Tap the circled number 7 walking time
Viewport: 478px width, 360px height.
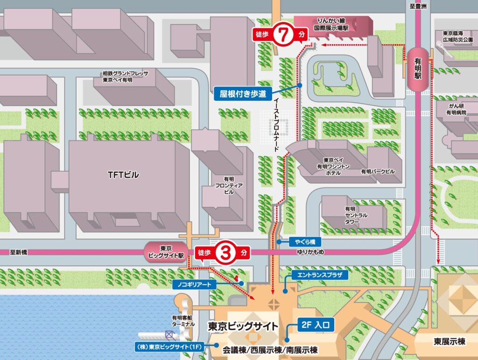click(282, 34)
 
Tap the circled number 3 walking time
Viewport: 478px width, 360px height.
click(225, 253)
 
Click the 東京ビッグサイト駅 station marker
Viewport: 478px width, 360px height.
click(167, 252)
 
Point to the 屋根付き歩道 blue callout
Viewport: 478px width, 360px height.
click(243, 93)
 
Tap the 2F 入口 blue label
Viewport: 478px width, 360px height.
click(316, 324)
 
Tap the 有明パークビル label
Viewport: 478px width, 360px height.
click(378, 172)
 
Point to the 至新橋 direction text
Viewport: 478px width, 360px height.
click(19, 252)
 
